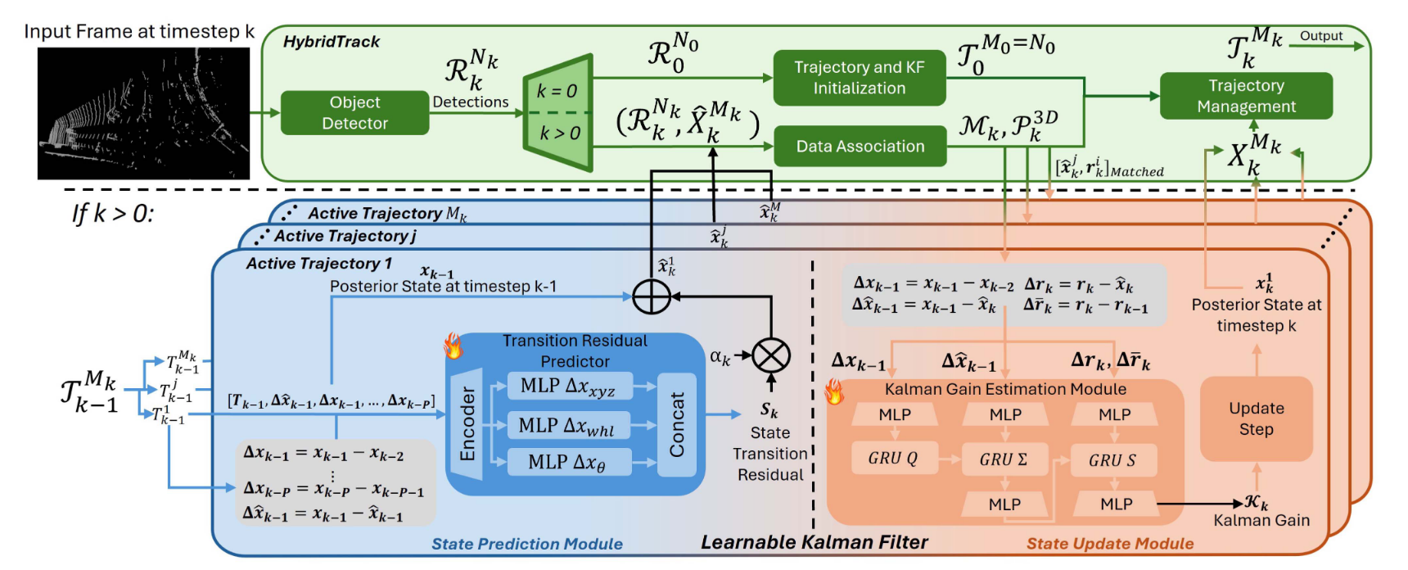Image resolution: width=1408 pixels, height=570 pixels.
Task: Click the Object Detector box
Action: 354,113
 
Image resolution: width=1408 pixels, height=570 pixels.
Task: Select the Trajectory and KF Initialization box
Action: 859,78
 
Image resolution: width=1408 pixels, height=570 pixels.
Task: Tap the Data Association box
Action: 860,147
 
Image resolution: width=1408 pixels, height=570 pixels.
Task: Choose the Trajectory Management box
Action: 1246,96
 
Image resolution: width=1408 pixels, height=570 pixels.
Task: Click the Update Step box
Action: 1256,418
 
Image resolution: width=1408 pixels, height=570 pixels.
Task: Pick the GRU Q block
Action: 892,459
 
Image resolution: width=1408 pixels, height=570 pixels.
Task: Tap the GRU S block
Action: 1112,460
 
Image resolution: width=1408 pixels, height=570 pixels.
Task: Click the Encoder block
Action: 467,424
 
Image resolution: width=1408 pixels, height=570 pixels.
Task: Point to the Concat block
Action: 677,424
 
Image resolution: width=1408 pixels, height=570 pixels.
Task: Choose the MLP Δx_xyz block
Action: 567,386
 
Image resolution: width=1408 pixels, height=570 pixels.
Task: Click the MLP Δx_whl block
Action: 566,425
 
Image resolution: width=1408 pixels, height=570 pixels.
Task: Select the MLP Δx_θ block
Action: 566,462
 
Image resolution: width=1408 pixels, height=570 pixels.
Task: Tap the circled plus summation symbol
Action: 652,296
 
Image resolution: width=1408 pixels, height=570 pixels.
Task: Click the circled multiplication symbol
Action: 770,355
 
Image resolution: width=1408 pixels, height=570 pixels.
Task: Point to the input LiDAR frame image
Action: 143,113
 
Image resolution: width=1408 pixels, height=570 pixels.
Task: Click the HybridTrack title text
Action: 332,42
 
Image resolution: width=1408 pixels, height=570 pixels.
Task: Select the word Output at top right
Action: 1321,36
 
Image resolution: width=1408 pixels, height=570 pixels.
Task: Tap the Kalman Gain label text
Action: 1261,520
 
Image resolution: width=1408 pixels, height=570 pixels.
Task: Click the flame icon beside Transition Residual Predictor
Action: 453,346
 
